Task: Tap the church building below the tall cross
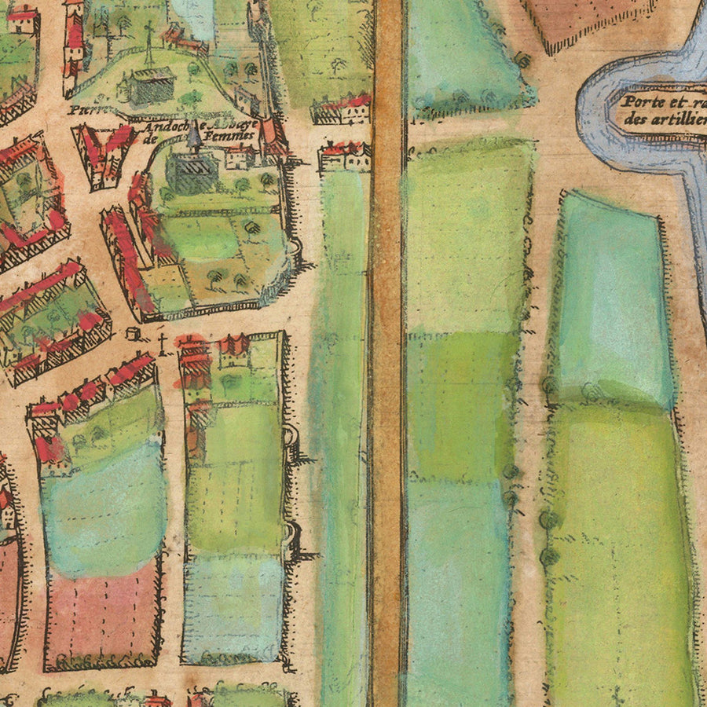148,86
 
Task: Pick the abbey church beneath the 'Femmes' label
191,169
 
